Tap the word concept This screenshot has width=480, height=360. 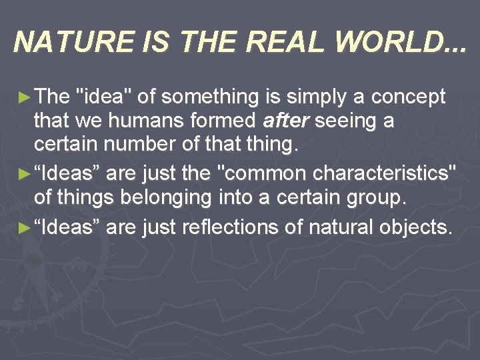tap(408, 97)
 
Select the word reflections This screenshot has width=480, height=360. tap(236, 227)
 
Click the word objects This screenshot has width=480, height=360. tap(416, 227)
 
